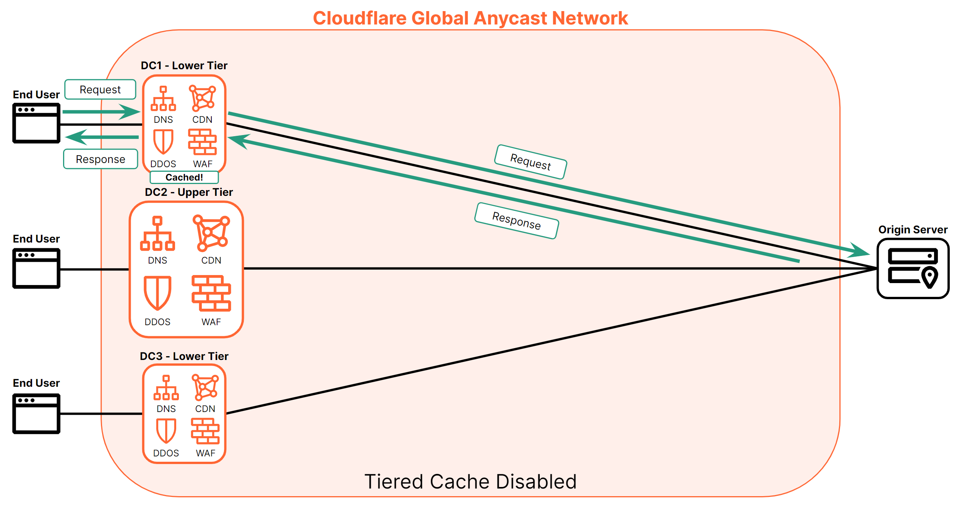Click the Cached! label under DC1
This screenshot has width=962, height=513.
point(184,178)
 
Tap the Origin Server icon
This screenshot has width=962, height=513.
point(912,268)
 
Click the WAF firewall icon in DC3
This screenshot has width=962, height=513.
point(205,431)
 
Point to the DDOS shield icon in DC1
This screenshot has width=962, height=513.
point(163,142)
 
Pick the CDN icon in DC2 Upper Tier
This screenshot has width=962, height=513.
point(211,233)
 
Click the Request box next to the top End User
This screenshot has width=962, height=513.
point(100,90)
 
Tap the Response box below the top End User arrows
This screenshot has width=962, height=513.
point(101,159)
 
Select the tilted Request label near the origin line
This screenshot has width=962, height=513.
point(530,162)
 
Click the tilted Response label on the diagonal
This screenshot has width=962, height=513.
point(516,221)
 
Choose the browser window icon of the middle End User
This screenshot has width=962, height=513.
point(36,268)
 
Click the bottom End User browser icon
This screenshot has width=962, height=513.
point(36,414)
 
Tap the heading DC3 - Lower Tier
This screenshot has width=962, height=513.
point(184,356)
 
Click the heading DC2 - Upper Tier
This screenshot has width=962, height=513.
point(188,192)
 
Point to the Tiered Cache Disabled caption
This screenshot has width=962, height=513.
point(470,482)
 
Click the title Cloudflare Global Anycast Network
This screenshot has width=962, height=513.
point(470,18)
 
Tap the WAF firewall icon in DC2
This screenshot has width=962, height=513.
point(211,293)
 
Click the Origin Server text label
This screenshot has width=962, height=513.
point(912,230)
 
